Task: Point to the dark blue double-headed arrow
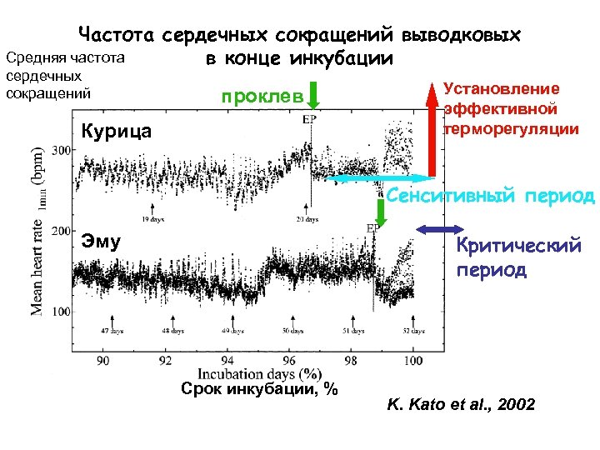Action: click(441, 230)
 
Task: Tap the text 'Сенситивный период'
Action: click(491, 197)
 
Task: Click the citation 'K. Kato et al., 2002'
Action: click(462, 406)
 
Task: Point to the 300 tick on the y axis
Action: click(62, 150)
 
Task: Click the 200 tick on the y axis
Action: click(62, 230)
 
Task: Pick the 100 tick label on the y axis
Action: click(62, 311)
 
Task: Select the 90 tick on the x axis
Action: click(103, 361)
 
